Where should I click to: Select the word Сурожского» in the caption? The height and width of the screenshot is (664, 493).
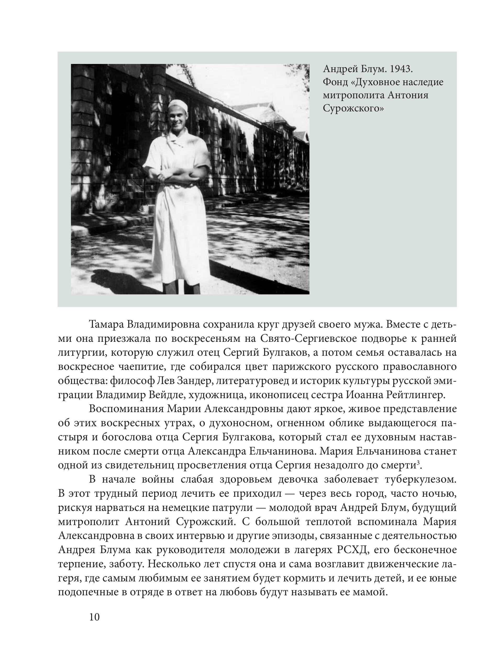(353, 109)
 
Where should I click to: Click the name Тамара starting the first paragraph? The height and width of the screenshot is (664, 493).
(106, 325)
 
